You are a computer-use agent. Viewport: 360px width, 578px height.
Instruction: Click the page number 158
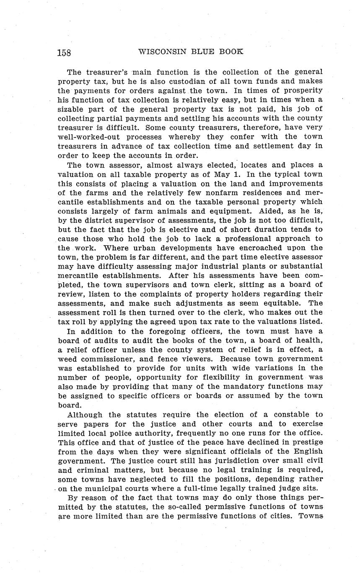tap(64, 52)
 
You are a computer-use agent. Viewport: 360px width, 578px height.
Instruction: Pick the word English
tap(308, 452)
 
